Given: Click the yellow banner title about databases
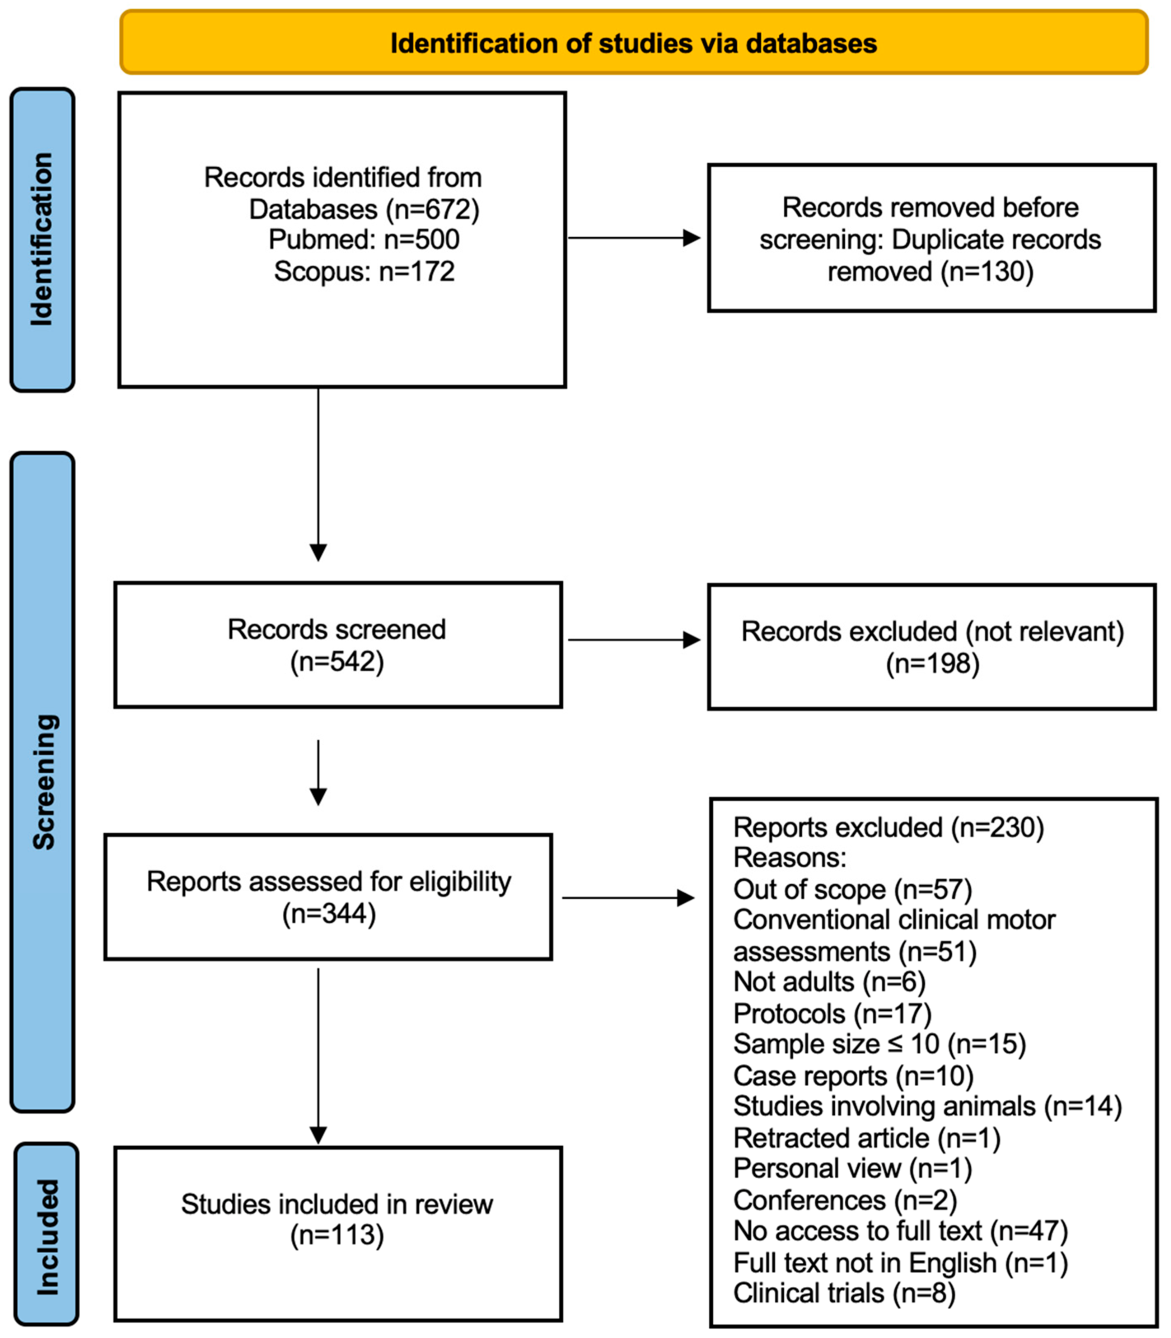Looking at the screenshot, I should pyautogui.click(x=633, y=43).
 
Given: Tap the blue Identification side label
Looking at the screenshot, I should pyautogui.click(x=42, y=239).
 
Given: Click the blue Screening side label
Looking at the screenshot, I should pyautogui.click(x=43, y=782).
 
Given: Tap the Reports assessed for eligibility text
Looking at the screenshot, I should pyautogui.click(x=329, y=881).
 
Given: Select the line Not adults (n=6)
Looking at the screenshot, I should pyautogui.click(x=828, y=981).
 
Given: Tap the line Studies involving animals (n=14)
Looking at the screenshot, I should pyautogui.click(x=926, y=1106).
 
